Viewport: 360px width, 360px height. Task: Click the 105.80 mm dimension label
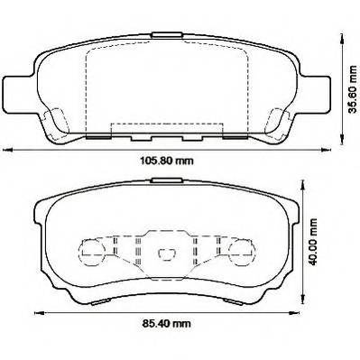[x=167, y=161]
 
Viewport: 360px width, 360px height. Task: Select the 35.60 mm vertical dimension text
[x=352, y=89]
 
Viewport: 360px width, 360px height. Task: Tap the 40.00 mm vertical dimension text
[x=314, y=242]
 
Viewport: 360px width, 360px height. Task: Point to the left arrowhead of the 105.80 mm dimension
[x=7, y=150]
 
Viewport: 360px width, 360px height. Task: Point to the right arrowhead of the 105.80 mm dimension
[x=327, y=150]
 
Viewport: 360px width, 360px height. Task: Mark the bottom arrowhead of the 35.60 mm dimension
[x=342, y=140]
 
